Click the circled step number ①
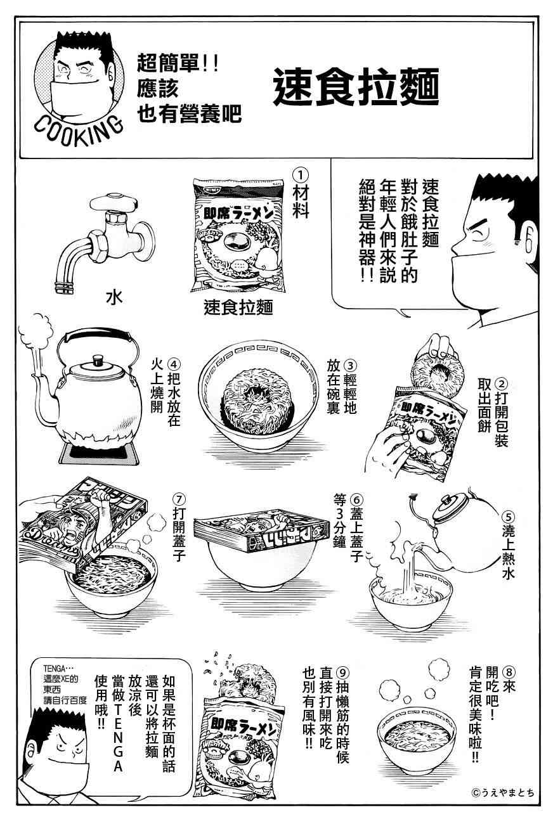[301, 174]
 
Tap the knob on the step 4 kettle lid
[98, 360]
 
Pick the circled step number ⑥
[357, 501]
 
